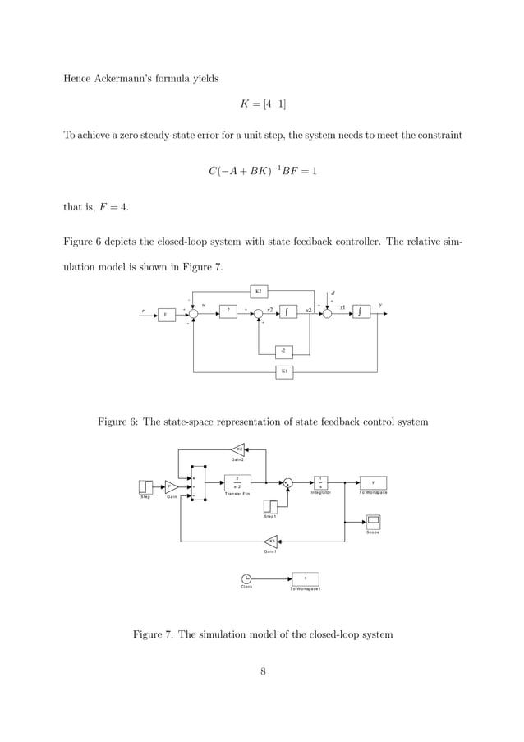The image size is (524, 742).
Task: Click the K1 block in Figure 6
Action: pyautogui.click(x=284, y=371)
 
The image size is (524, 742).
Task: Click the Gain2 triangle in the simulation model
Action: pyautogui.click(x=237, y=449)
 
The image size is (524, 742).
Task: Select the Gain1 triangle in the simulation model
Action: pyautogui.click(x=270, y=540)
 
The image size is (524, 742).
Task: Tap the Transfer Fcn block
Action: pyautogui.click(x=237, y=482)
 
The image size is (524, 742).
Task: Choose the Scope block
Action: pyautogui.click(x=373, y=521)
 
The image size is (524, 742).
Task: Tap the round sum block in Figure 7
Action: pyautogui.click(x=287, y=482)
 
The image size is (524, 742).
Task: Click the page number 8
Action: pyautogui.click(x=262, y=673)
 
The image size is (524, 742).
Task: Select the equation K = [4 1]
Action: pyautogui.click(x=262, y=106)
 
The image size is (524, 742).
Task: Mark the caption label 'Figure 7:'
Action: pyautogui.click(x=153, y=634)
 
